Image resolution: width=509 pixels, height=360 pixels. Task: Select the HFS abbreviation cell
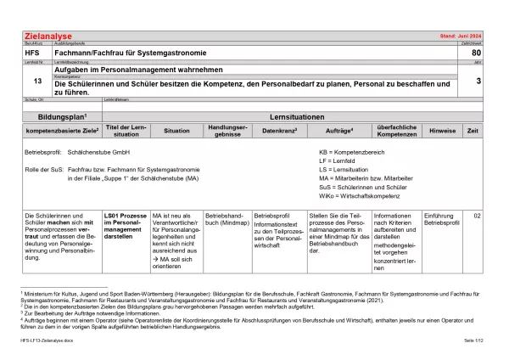[31, 53]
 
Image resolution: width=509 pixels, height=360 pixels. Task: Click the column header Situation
[176, 131]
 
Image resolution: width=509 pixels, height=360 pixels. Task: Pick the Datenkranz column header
[278, 131]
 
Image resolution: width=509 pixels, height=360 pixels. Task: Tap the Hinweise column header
[443, 131]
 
